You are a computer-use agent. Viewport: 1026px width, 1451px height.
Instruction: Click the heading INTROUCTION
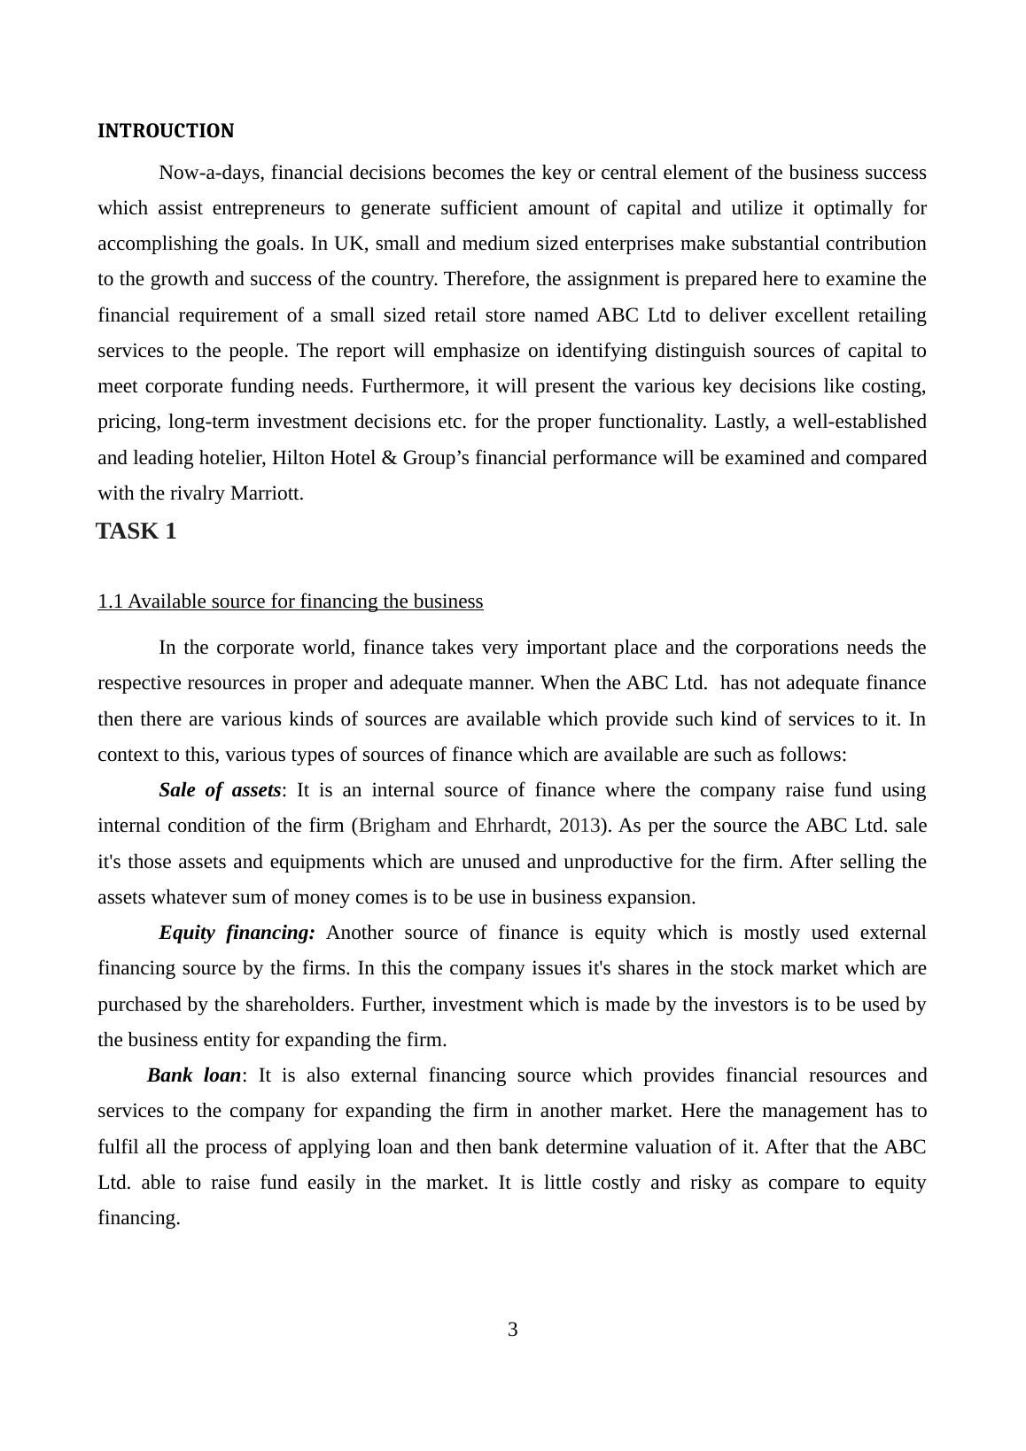pos(166,131)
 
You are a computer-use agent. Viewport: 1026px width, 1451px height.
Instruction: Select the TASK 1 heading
pos(136,532)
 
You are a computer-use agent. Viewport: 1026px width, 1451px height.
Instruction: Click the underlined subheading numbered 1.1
pos(291,601)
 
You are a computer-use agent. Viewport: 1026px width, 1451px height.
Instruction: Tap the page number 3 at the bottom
pos(512,1330)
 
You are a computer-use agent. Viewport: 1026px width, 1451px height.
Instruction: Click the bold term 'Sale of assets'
pos(220,790)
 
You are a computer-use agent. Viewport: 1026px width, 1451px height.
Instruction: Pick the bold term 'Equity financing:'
pos(237,933)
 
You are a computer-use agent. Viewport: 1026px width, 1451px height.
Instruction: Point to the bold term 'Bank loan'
pos(194,1075)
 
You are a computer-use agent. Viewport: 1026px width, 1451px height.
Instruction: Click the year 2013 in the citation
pos(579,826)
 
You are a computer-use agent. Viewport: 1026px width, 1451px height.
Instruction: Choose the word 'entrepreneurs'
pos(267,208)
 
